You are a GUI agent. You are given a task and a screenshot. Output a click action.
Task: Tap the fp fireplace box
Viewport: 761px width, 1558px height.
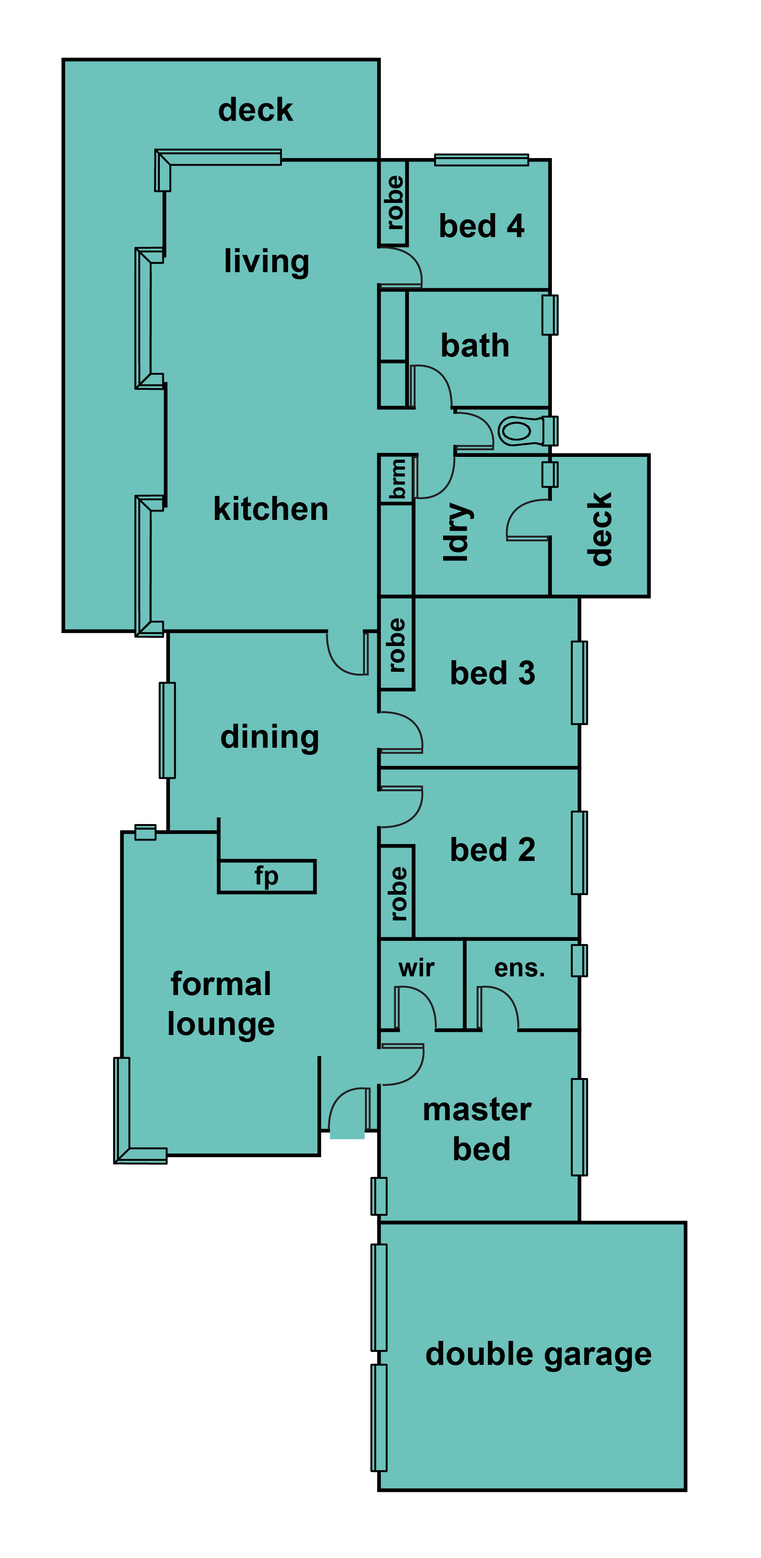(267, 876)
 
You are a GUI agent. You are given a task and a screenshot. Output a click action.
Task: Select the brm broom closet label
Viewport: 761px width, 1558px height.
(397, 478)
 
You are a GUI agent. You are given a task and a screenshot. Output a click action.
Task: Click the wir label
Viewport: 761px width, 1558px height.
(416, 968)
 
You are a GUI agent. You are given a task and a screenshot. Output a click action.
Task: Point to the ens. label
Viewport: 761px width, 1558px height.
(519, 968)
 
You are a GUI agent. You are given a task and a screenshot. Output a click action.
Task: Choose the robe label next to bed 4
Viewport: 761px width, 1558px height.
(394, 202)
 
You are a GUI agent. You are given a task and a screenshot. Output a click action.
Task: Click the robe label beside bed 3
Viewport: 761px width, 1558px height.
(396, 645)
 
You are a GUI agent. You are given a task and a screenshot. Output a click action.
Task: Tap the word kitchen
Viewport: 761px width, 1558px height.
(270, 509)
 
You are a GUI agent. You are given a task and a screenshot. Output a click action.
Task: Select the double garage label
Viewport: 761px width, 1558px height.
(539, 1354)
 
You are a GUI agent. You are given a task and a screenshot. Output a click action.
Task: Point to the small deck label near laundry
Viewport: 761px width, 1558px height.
(599, 529)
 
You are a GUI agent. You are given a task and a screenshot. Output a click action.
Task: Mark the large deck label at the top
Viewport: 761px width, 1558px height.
(255, 110)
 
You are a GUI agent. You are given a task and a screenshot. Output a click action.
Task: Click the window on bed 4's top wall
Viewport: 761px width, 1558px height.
(482, 160)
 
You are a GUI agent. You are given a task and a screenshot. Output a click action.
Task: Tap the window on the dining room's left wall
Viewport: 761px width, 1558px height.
(167, 730)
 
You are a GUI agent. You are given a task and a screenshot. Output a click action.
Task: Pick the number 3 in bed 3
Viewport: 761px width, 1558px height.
(526, 673)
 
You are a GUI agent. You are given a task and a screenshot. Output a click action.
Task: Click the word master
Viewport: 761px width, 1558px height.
(477, 1110)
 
